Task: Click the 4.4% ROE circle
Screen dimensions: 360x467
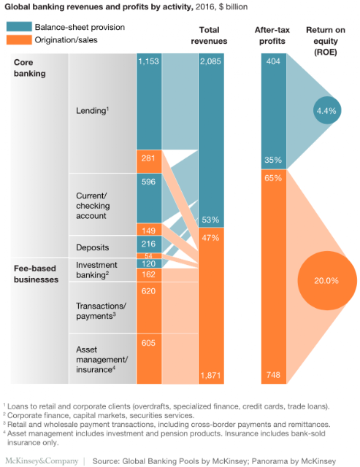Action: (327, 110)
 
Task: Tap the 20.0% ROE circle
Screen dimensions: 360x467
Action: (327, 280)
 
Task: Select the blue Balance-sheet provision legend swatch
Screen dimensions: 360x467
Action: (19, 27)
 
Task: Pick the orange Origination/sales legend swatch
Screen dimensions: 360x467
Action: (19, 40)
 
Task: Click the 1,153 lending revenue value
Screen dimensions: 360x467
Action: (148, 61)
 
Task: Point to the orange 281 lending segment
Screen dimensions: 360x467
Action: (149, 161)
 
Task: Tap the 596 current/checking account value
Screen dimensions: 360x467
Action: (148, 182)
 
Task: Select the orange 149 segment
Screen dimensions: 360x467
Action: (149, 229)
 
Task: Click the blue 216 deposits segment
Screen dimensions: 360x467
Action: (149, 244)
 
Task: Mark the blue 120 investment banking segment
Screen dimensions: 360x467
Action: (149, 263)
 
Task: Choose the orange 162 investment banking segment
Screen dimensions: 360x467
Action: (149, 275)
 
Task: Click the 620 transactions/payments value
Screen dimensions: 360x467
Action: (148, 291)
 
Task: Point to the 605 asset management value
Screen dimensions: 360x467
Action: (148, 343)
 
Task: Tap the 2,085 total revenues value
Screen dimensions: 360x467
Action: (210, 61)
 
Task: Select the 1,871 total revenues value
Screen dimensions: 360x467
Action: (210, 375)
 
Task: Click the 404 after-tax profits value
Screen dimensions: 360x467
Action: (273, 61)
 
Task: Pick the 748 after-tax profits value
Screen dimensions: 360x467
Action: (273, 374)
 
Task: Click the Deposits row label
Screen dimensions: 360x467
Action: (93, 247)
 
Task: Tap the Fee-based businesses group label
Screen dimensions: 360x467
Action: (36, 274)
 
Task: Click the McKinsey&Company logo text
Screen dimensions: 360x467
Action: (42, 460)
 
